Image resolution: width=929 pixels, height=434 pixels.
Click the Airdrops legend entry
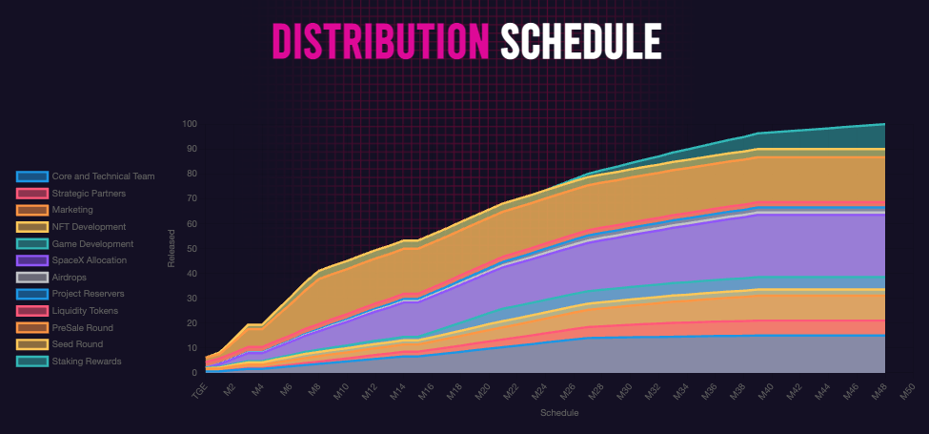coord(70,277)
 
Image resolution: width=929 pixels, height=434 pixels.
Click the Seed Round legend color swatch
coord(31,344)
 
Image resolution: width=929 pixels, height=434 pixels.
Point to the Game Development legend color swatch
coord(31,244)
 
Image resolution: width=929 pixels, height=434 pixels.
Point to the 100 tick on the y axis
coord(189,124)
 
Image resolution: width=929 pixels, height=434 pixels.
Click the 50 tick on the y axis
coord(191,249)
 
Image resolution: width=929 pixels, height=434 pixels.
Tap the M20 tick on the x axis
coord(481,388)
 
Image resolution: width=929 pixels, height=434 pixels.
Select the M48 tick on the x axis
coord(878,388)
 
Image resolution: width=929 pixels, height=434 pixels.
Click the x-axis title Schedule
coord(558,414)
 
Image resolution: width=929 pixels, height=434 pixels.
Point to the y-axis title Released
coord(172,248)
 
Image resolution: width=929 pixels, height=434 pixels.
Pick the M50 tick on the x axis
coord(906,388)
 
